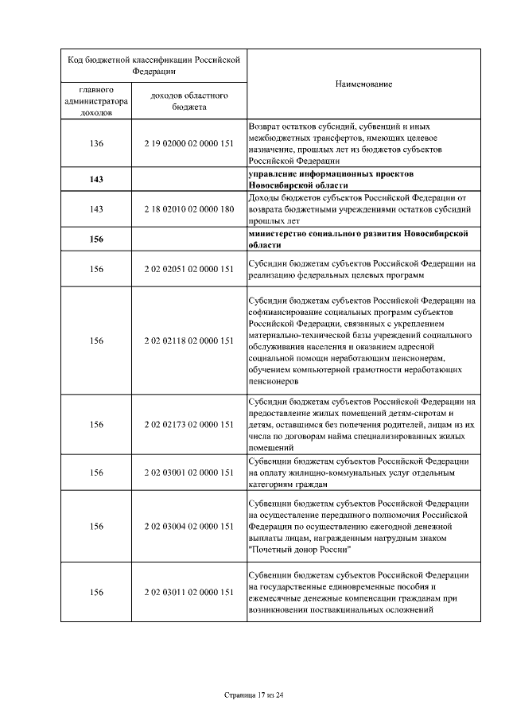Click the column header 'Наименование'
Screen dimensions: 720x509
pos(363,84)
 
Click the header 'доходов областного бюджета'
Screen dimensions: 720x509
pos(189,100)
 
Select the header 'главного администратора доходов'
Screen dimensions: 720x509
pos(96,101)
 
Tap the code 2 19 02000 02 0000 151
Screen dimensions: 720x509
pos(189,143)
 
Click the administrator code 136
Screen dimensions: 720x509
pos(96,143)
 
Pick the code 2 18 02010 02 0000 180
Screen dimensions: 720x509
pos(189,208)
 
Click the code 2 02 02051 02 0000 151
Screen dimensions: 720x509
pos(189,269)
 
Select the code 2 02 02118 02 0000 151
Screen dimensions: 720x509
pos(189,341)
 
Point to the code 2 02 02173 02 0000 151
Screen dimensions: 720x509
pos(189,424)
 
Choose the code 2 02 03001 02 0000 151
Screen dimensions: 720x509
pos(189,473)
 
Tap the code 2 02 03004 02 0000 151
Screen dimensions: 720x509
pos(189,526)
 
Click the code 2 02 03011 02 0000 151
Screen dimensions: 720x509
pos(189,592)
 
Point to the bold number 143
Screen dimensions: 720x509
pos(96,179)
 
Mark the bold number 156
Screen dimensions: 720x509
pos(96,239)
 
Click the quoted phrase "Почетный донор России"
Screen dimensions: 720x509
pos(301,549)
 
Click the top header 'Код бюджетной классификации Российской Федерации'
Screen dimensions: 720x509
pos(154,64)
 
